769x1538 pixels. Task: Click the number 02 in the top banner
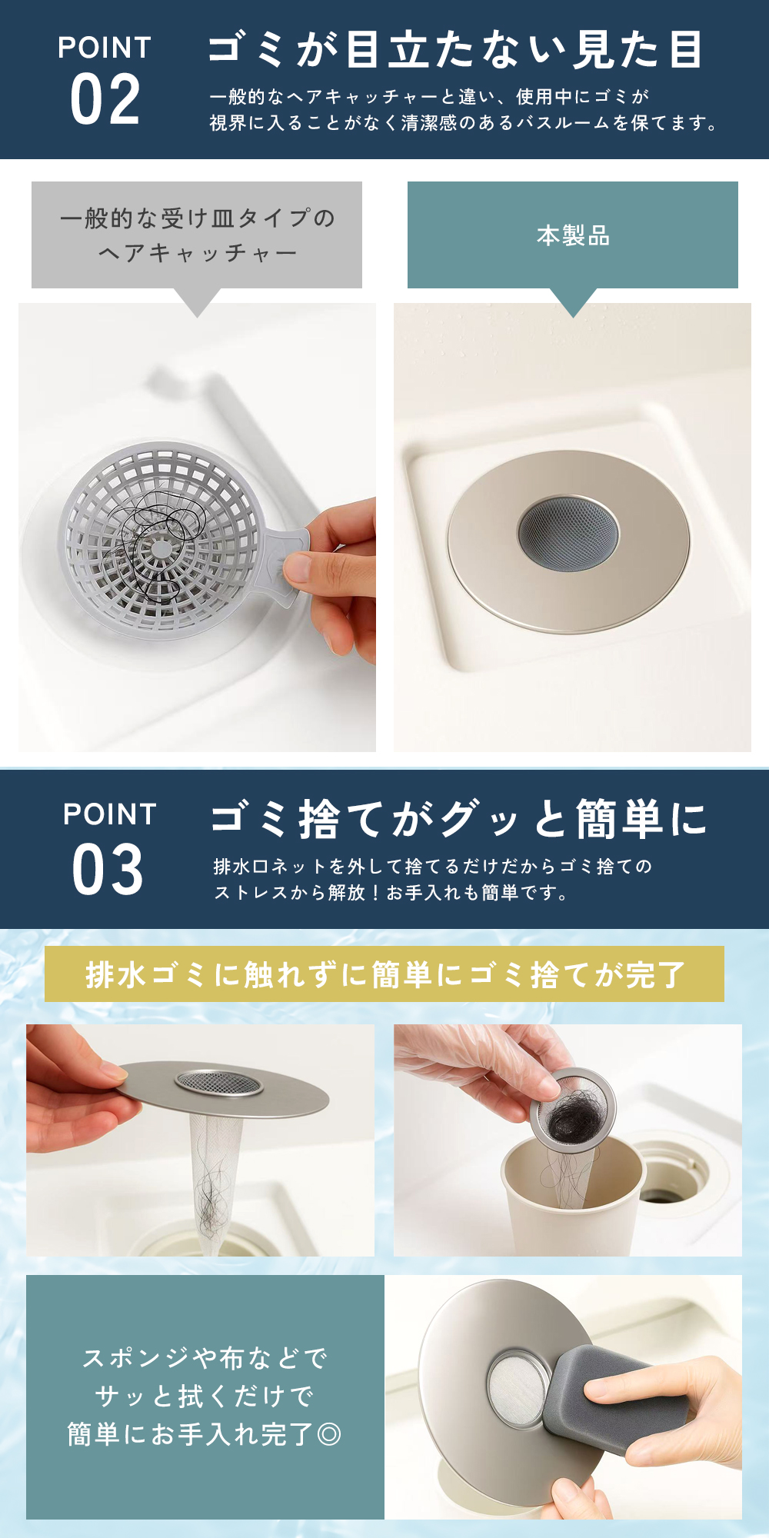105,99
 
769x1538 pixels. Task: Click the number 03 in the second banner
108,870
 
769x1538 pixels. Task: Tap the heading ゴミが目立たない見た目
455,49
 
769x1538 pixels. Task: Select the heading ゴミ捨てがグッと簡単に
459,818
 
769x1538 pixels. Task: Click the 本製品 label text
573,235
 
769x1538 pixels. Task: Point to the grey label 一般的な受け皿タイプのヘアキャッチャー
197,235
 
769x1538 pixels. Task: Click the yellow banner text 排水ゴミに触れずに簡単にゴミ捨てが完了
384,974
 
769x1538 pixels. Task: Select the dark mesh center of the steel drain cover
568,533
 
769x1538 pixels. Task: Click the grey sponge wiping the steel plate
615,1396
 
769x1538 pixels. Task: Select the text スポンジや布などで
205,1358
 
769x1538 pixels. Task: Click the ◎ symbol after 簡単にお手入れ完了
329,1433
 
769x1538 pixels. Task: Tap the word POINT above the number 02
105,48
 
